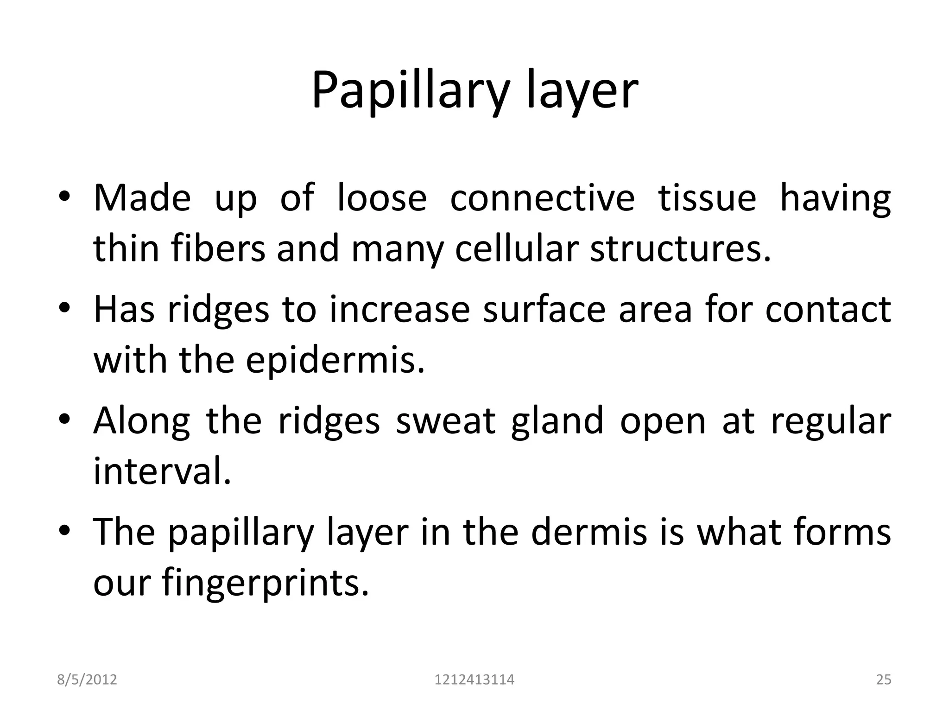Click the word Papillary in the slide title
410,91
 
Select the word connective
542,198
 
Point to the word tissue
707,198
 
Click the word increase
400,310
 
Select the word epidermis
335,360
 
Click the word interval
162,471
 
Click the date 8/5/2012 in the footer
87,680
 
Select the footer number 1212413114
474,680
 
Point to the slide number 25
884,680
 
